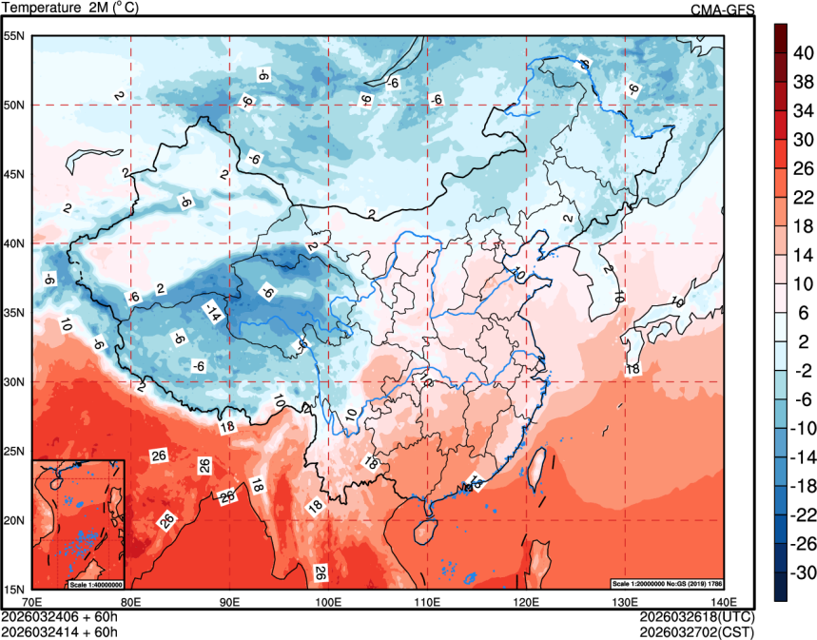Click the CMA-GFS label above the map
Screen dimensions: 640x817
tap(722, 10)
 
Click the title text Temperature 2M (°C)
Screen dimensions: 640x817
tap(71, 9)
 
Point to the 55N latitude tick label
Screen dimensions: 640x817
tap(14, 36)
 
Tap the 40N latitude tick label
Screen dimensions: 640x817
tap(14, 243)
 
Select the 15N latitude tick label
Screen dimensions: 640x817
tap(14, 589)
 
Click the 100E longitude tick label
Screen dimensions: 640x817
tap(328, 602)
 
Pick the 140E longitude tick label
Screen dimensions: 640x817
tap(724, 602)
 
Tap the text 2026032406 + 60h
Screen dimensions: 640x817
tap(60, 616)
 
